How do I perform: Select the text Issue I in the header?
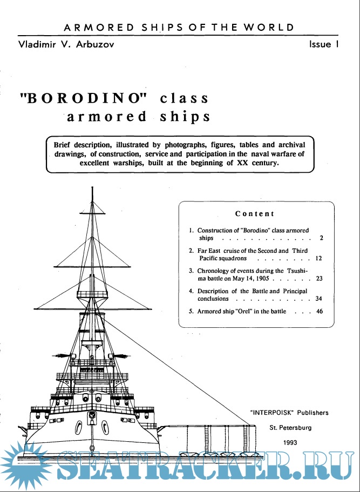323,44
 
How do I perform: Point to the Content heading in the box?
254,214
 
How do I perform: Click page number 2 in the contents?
321,238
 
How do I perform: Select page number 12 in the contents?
318,259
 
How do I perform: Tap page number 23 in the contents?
318,279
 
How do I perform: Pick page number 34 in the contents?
318,299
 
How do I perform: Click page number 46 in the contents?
318,311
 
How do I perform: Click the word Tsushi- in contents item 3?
311,271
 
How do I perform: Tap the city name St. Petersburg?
291,427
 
